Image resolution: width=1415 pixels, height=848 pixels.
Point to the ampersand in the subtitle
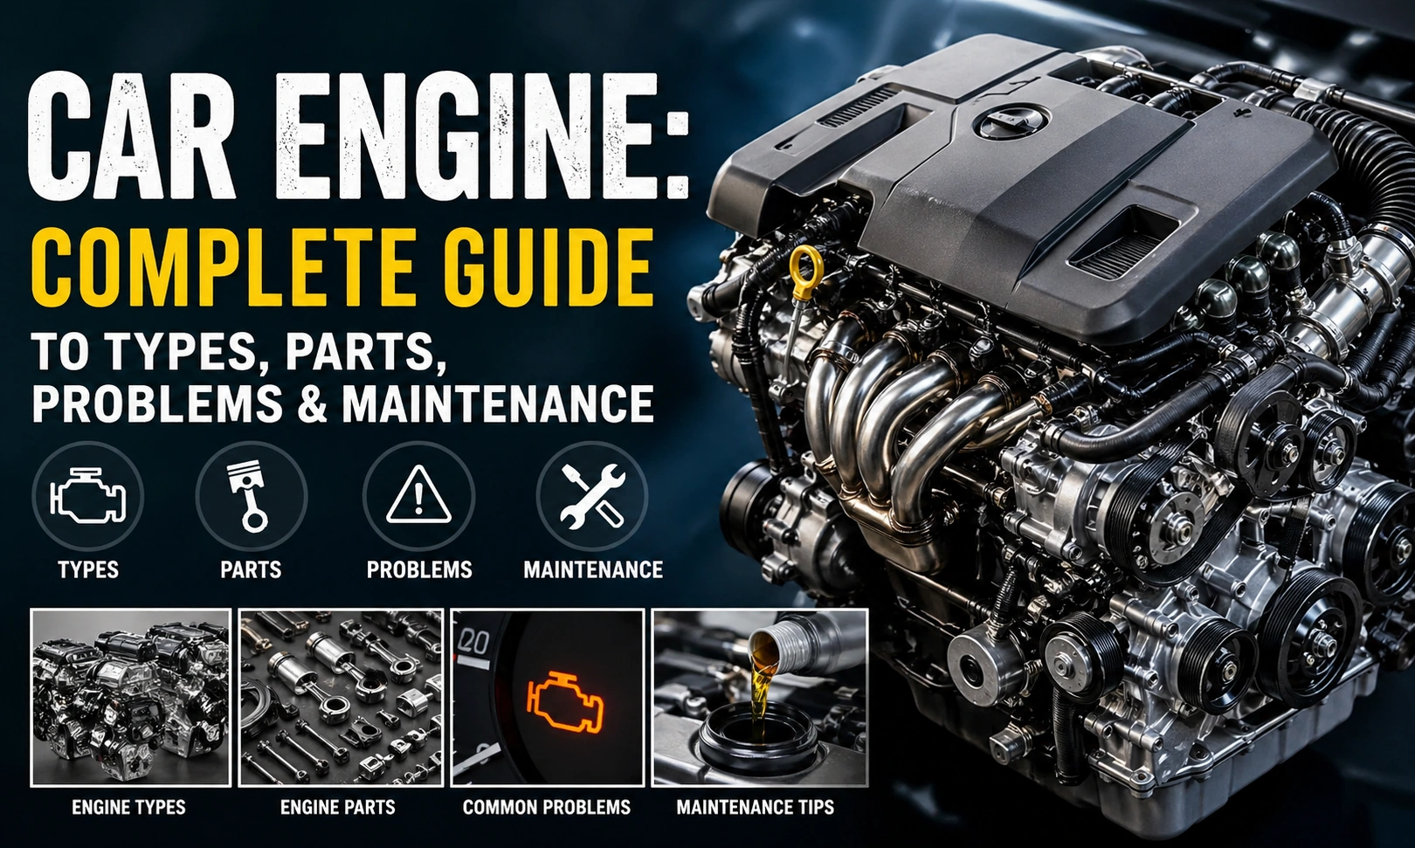tap(312, 403)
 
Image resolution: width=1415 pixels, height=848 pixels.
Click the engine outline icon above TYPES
tap(87, 498)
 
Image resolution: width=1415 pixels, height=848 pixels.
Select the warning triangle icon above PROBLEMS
tap(418, 496)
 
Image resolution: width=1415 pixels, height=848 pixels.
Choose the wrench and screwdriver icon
tap(592, 496)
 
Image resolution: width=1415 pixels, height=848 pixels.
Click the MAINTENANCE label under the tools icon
tap(592, 570)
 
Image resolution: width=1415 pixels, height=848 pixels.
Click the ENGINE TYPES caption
tap(128, 807)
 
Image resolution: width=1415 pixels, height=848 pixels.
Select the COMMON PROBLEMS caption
tap(546, 807)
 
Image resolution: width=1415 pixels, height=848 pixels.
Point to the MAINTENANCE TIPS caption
tap(755, 807)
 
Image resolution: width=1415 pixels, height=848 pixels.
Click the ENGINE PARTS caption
tap(337, 807)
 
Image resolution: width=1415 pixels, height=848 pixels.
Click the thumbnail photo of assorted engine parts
tap(341, 697)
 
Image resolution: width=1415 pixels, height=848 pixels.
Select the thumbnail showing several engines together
tap(131, 697)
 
